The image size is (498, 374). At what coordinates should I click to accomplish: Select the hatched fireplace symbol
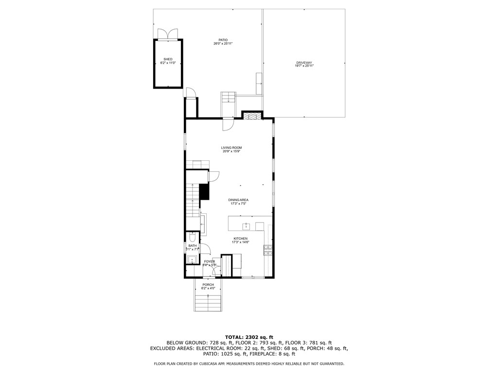(x=252, y=116)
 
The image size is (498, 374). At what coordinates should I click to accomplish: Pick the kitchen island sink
(x=247, y=226)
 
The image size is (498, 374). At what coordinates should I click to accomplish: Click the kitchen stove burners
(x=267, y=250)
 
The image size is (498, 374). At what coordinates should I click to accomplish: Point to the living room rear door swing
(x=228, y=125)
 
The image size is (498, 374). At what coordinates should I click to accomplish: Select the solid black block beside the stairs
(x=204, y=191)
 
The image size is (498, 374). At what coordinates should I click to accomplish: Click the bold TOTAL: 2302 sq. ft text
(x=249, y=337)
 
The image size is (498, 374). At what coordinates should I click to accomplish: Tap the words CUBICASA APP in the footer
(x=220, y=364)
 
